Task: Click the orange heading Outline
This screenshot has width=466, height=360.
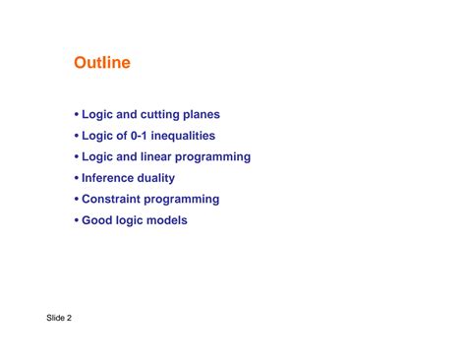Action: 102,64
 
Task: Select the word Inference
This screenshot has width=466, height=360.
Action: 112,178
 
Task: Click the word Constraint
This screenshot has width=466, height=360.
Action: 114,200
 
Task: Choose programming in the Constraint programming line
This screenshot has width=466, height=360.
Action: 185,200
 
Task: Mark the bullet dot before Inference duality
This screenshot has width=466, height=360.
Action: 77,179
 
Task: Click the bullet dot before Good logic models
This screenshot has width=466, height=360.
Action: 77,221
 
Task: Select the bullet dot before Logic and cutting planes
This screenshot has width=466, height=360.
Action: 77,116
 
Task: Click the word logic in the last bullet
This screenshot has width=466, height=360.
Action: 131,220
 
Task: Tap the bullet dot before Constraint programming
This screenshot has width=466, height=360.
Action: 77,200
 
